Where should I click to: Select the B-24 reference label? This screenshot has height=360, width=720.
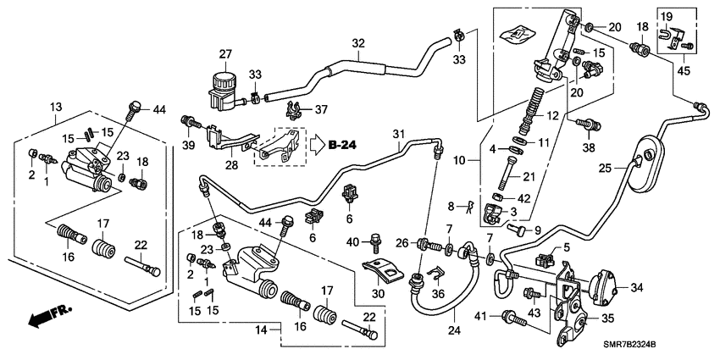[342, 145]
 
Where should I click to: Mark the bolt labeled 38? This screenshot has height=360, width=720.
[584, 125]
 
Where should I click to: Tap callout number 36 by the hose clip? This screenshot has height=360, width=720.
[437, 293]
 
